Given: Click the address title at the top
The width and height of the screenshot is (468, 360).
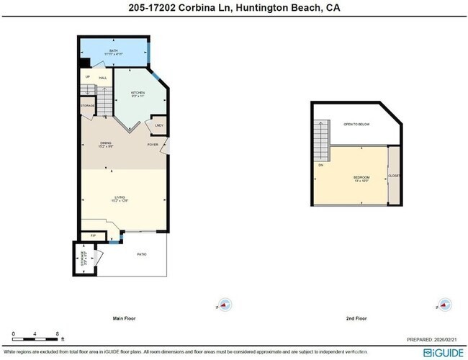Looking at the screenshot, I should [234, 8].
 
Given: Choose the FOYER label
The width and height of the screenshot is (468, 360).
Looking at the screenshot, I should [153, 145].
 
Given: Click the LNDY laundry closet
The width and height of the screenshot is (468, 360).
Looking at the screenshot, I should [158, 126].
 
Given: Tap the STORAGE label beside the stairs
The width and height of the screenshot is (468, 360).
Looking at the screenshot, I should [88, 106].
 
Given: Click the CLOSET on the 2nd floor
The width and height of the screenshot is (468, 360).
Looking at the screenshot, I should [394, 176].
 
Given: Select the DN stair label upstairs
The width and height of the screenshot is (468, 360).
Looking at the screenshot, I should [320, 165].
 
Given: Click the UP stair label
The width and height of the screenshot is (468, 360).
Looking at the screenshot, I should [88, 77].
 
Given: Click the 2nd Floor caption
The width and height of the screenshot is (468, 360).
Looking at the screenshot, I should [356, 318].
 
